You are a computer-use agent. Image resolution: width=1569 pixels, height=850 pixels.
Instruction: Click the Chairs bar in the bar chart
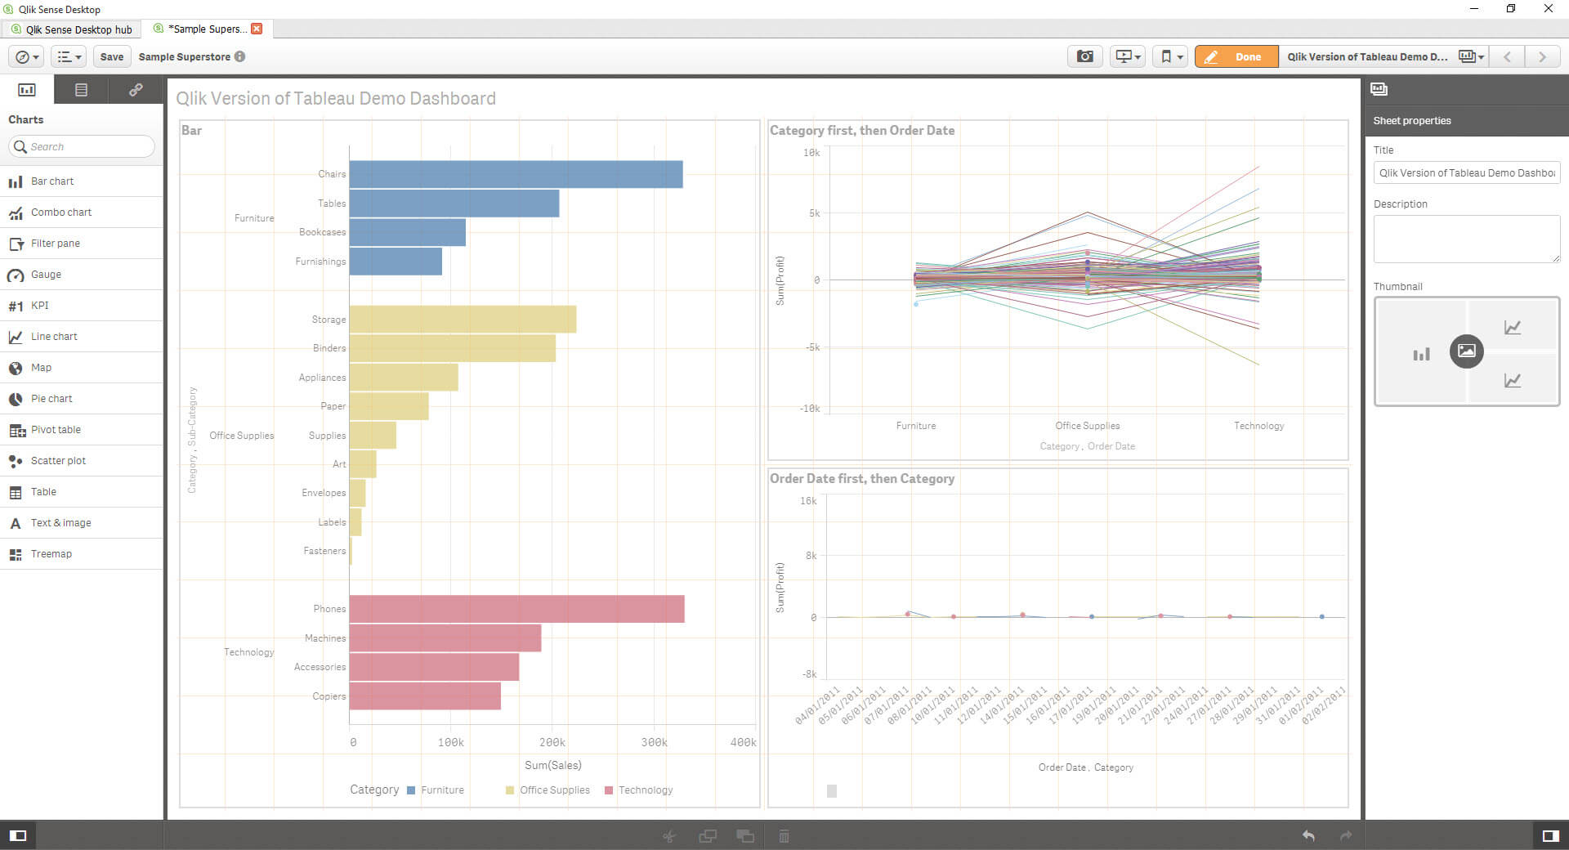pos(515,174)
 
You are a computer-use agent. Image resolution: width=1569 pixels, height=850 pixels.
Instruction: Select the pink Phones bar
pos(516,609)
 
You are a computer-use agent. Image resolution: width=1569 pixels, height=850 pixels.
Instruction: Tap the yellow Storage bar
pos(463,320)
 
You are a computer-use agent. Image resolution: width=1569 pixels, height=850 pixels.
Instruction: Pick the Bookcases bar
pos(407,232)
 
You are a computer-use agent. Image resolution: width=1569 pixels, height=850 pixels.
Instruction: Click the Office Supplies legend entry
pos(554,790)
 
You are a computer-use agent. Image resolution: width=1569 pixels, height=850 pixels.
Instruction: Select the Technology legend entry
pos(645,790)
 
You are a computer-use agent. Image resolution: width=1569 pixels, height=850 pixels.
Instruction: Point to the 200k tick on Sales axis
pos(552,742)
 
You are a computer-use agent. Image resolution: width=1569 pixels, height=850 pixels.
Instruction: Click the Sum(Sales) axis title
pos(553,765)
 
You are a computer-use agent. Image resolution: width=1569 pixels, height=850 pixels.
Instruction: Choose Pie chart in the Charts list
pos(51,399)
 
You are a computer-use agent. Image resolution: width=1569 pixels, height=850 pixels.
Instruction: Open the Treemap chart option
pos(51,554)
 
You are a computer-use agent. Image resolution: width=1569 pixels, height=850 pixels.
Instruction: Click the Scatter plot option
pos(58,461)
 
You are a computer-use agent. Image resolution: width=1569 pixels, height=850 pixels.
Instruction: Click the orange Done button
pos(1236,56)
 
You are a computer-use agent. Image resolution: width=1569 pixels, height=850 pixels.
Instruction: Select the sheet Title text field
pos(1466,173)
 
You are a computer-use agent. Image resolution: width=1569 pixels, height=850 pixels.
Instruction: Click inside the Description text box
pos(1466,239)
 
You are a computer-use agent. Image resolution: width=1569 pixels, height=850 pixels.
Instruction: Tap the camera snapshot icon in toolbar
pos(1084,56)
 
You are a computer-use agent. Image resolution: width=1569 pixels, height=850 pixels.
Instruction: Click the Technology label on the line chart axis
pos(1258,426)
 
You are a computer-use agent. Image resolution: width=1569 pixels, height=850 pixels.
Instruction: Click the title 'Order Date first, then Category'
pos(861,479)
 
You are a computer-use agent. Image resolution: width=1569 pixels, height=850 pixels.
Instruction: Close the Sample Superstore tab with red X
pos(257,29)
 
